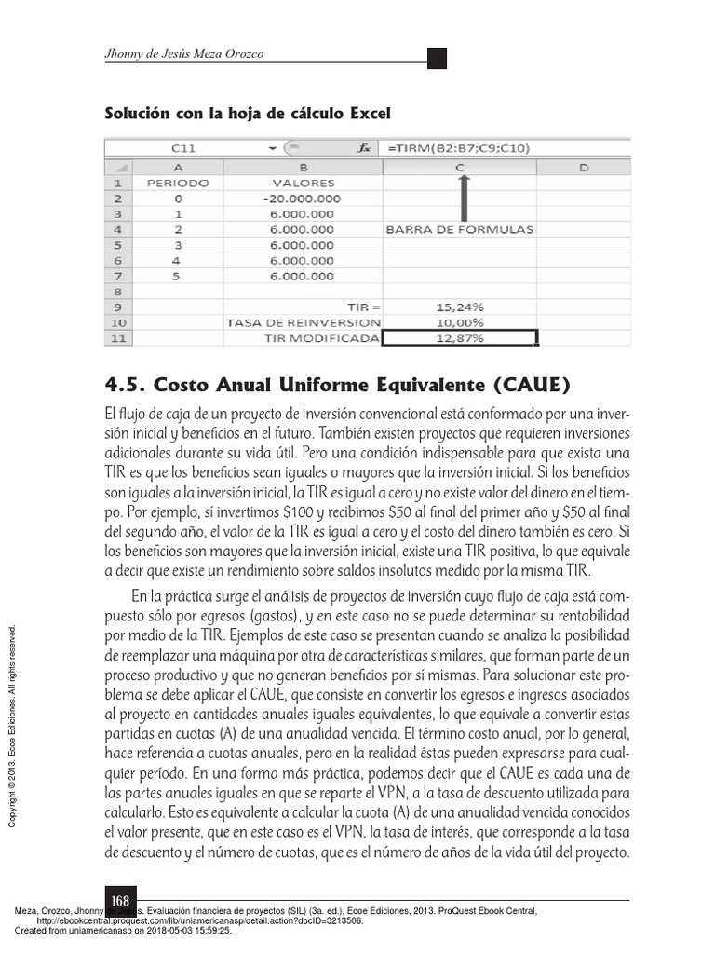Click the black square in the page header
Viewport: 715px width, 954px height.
tap(437, 58)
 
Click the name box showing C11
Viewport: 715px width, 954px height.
tap(183, 148)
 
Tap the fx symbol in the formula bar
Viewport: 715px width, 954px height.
tap(365, 148)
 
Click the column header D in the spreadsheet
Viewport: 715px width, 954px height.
tap(582, 167)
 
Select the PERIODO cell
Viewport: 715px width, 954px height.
tap(178, 183)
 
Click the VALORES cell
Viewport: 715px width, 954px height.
tap(303, 183)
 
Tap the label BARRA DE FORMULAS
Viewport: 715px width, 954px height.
tap(459, 229)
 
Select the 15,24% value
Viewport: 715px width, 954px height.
tap(459, 307)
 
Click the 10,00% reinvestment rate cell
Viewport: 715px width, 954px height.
tap(459, 322)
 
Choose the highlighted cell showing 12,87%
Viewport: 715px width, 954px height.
tap(459, 338)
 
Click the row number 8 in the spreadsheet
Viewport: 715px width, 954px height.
tap(118, 291)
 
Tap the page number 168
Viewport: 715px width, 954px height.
tap(120, 901)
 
